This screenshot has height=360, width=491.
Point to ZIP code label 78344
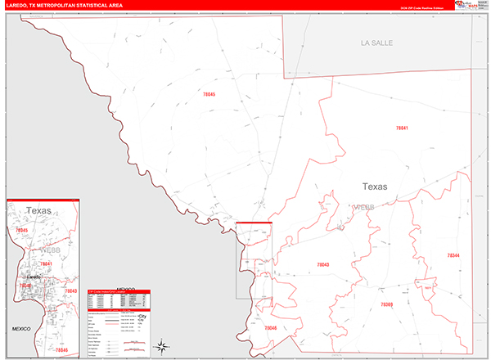pos(453,256)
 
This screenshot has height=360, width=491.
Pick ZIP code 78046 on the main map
pos(271,327)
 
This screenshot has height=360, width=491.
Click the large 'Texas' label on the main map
pos(375,187)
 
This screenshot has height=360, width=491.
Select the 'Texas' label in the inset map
pos(38,211)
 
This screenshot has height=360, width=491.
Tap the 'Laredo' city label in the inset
pos(34,277)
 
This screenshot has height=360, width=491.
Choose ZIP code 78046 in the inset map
pos(61,349)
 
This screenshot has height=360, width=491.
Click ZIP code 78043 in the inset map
pos(70,290)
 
